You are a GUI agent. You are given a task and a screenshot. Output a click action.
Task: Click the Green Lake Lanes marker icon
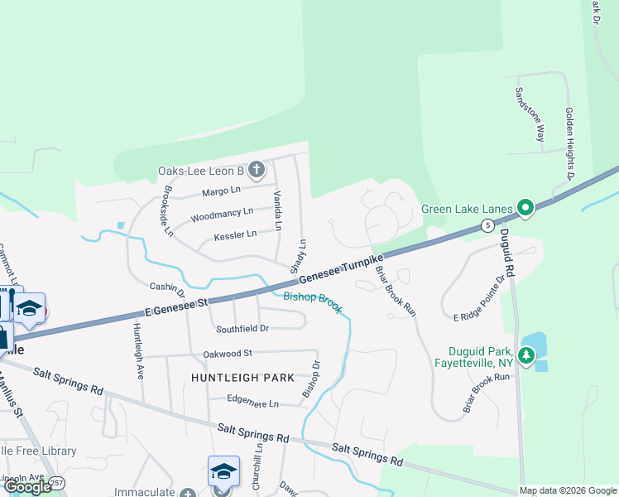tap(525, 207)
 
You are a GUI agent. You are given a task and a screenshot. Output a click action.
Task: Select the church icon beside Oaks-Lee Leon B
tap(256, 171)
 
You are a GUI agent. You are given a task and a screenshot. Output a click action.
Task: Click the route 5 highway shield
tap(488, 225)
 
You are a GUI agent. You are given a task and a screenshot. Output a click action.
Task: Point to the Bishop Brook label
tap(313, 302)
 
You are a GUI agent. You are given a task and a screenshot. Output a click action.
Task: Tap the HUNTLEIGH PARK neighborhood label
tap(242, 378)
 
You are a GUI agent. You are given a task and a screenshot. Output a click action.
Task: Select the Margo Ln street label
tap(221, 191)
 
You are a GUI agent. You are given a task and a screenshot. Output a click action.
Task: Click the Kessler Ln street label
tap(235, 235)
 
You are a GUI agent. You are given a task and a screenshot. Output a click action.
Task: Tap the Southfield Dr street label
tap(242, 329)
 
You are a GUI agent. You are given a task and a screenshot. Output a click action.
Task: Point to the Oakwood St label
tap(227, 355)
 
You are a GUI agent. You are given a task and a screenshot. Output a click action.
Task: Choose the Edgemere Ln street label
tap(253, 403)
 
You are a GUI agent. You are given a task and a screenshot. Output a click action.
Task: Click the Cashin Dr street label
tap(166, 287)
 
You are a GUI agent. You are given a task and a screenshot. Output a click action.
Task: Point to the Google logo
tap(27, 487)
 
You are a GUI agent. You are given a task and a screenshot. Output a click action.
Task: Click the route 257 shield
tap(56, 482)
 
